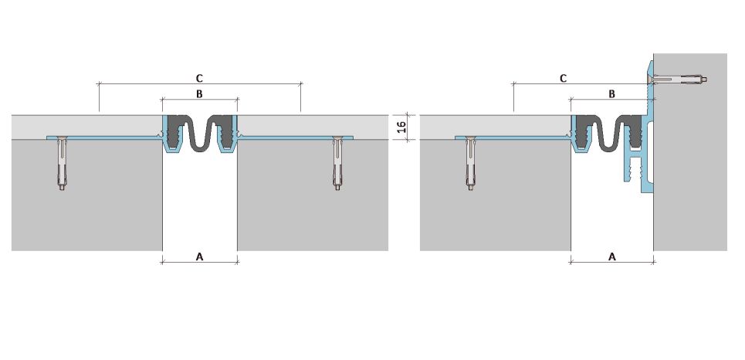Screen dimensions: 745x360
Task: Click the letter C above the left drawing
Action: pos(199,78)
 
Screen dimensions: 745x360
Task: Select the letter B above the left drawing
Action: pos(199,94)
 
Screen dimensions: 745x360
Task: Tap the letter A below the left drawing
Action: pos(199,256)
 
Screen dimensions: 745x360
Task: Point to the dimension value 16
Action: pos(401,127)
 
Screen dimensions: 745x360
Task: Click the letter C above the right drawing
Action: pos(563,78)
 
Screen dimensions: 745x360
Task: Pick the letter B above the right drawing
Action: pos(612,94)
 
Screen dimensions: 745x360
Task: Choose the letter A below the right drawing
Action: pos(612,256)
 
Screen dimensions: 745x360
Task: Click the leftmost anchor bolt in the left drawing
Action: pos(62,163)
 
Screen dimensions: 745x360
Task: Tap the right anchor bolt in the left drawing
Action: pos(337,163)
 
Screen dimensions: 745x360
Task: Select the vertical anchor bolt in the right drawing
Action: pos(470,163)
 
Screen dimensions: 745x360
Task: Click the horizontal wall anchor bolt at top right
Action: pos(678,79)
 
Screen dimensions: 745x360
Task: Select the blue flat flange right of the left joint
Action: pos(296,138)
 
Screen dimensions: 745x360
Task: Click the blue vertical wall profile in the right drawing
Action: pos(647,143)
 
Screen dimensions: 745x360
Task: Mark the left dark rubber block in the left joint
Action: pos(176,132)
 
